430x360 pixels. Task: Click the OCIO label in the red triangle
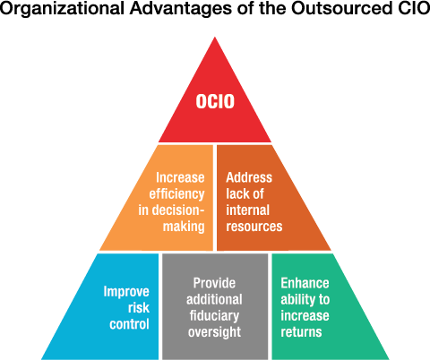[x=215, y=101]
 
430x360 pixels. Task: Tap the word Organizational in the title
[x=62, y=8]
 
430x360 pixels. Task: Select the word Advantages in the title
[x=180, y=8]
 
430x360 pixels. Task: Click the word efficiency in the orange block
[x=176, y=194]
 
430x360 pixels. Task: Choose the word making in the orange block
[x=184, y=227]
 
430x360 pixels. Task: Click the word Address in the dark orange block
[x=249, y=177]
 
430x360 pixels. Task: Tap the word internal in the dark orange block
[x=248, y=210]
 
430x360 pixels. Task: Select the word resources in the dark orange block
[x=254, y=227]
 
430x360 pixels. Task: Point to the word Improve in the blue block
[x=126, y=292]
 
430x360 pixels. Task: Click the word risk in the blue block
[x=139, y=308]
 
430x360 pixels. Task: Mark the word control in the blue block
[x=129, y=324]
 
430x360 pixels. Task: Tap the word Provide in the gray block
[x=214, y=283]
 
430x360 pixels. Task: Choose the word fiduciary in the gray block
[x=214, y=316]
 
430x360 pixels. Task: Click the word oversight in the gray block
[x=214, y=332]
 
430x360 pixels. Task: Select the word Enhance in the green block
[x=305, y=283]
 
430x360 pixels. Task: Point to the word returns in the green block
[x=301, y=332]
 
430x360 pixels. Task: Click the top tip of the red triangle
[x=215, y=37]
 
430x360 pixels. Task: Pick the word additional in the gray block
[x=214, y=299]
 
